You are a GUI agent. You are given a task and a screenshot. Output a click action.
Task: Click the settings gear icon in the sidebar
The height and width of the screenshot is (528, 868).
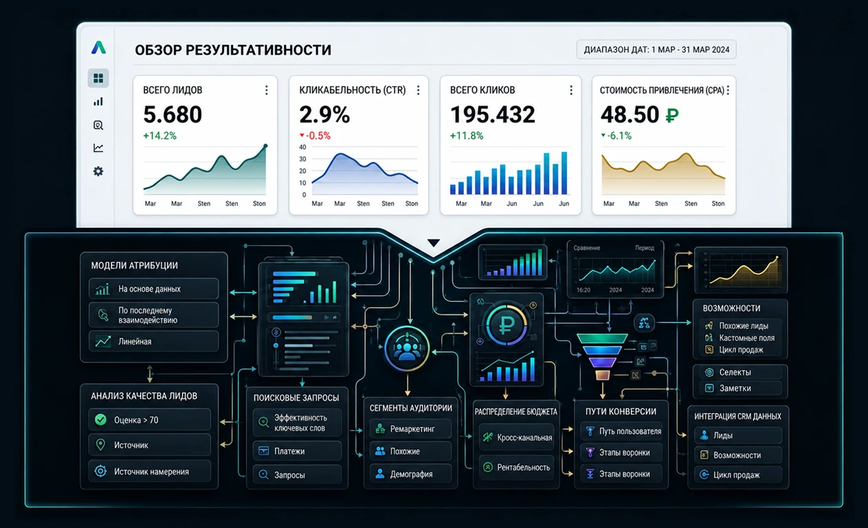tap(98, 171)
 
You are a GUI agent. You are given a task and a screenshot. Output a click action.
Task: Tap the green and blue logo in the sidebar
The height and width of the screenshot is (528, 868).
tap(98, 47)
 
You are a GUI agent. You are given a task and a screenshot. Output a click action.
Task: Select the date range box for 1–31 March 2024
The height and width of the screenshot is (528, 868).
tap(656, 49)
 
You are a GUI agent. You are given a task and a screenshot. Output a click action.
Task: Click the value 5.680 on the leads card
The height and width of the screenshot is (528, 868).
tap(173, 114)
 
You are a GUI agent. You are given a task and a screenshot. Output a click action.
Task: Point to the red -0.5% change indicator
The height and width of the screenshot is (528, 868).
tap(315, 135)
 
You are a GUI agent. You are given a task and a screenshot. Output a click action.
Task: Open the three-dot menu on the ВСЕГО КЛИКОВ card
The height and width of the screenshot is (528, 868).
tap(571, 90)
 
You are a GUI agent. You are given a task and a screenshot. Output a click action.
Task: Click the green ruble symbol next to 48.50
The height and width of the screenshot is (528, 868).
tap(672, 115)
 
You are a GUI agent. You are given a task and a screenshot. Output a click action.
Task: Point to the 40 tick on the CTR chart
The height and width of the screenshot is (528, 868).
tap(302, 147)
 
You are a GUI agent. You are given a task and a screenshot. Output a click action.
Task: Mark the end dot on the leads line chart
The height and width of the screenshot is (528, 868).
tap(265, 146)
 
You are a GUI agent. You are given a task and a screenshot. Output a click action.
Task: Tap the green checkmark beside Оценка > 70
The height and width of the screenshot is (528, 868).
tap(101, 419)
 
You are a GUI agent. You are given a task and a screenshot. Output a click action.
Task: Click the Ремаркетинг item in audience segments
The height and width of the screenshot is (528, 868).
tap(411, 429)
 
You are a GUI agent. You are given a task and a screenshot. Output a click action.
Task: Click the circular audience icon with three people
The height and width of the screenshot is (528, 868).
tap(406, 349)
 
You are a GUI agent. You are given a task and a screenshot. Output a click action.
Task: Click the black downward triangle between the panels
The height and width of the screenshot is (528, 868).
tap(434, 243)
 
